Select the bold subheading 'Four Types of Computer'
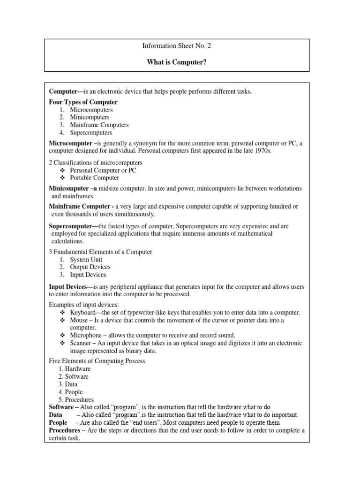[x=83, y=102]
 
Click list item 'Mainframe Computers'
[x=99, y=125]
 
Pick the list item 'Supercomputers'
[x=91, y=133]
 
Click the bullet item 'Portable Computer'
[x=94, y=178]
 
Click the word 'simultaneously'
[x=133, y=214]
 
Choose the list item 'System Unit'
[x=86, y=260]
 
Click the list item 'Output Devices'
[x=90, y=267]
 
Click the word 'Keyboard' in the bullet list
[x=82, y=313]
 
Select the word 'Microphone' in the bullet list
[x=86, y=335]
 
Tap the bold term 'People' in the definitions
[x=59, y=423]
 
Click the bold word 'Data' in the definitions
[x=56, y=415]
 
